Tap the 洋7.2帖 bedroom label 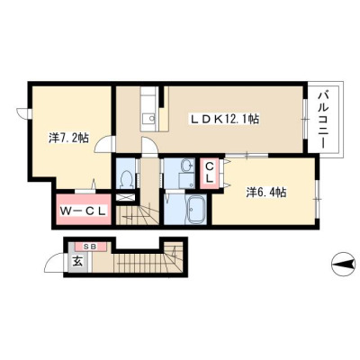[x=68, y=138]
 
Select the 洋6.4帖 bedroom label [x=265, y=192]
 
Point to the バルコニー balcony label [x=322, y=120]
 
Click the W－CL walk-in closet [x=83, y=210]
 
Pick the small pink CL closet [x=210, y=173]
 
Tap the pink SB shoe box [x=90, y=247]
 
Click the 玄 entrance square [x=77, y=262]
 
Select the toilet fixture [x=126, y=179]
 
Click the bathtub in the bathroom [x=196, y=210]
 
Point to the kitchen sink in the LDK [x=148, y=119]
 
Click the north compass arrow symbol [x=344, y=265]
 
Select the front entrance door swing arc [x=51, y=259]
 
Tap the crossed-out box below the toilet [x=125, y=198]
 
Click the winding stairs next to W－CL [x=138, y=215]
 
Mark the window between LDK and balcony [x=305, y=119]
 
